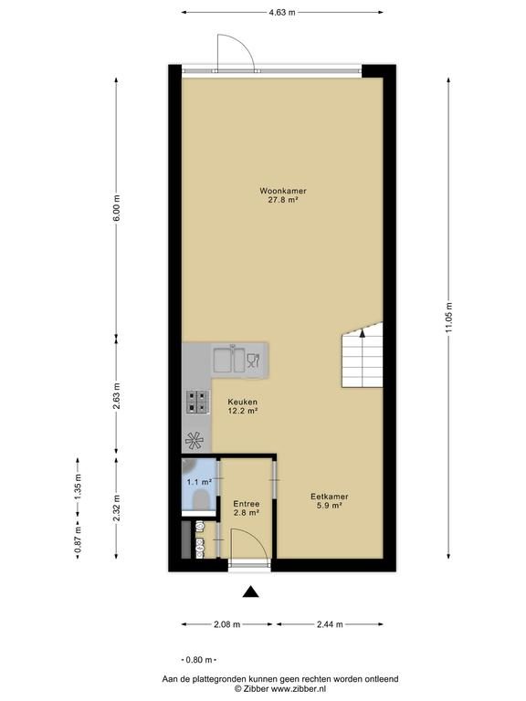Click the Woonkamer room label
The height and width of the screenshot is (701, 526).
[283, 195]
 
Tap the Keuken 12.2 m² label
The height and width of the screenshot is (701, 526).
[242, 406]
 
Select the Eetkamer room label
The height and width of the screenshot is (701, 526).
[329, 501]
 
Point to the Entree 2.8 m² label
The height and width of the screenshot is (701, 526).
[247, 508]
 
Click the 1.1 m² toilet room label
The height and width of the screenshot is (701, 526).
[199, 482]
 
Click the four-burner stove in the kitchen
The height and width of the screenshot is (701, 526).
[197, 402]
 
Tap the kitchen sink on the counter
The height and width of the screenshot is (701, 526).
[229, 360]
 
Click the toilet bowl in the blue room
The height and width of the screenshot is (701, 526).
[200, 499]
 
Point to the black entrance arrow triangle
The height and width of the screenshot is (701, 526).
[251, 591]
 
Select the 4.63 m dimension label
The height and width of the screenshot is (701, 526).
[282, 13]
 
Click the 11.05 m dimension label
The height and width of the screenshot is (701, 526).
[449, 317]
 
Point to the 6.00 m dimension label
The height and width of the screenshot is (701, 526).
[116, 208]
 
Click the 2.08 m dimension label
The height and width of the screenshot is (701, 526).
[227, 624]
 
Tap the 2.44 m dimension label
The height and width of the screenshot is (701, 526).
[330, 624]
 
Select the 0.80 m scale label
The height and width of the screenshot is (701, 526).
[199, 659]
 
